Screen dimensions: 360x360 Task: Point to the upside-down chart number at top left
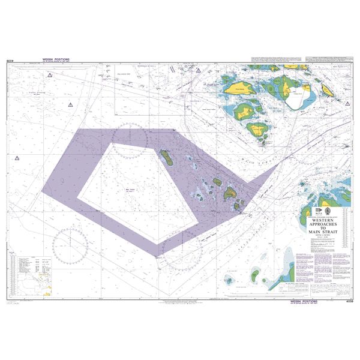[10, 60]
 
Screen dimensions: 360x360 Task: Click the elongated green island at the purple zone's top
[166, 158]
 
